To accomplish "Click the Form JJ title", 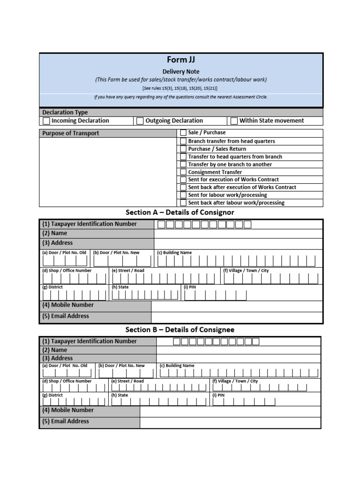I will tap(181, 60).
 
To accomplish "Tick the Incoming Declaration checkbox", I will tap(46, 121).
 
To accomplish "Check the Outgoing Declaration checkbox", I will tap(140, 121).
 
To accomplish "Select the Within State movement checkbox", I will tap(234, 121).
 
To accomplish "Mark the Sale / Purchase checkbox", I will tap(183, 133).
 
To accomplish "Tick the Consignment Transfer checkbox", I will tap(183, 172).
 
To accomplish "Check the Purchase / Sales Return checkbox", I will tap(183, 149).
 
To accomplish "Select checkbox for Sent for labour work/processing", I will tap(183, 195).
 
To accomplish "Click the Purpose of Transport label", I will tap(71, 133).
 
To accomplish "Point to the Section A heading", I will tap(180, 212).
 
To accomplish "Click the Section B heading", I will tap(180, 330).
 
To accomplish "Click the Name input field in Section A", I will tap(238, 233).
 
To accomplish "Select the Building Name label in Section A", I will tap(174, 253).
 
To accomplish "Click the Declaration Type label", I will tap(65, 112).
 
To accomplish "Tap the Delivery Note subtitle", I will tap(181, 72).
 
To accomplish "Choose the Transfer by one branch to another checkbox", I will tap(183, 165).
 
